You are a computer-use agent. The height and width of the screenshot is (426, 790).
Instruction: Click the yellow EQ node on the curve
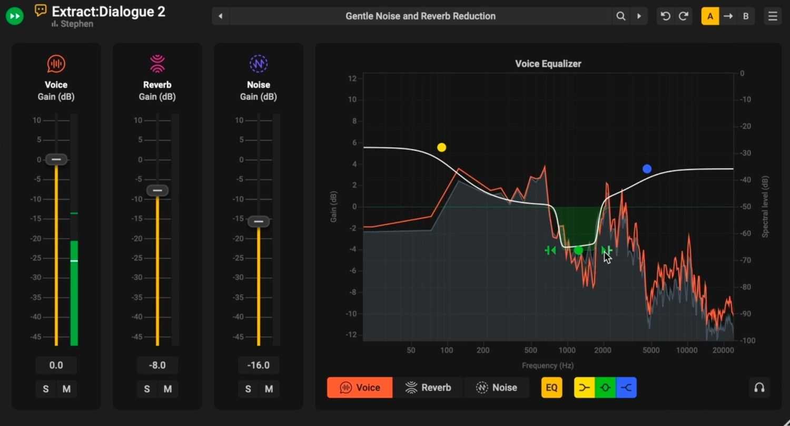point(441,147)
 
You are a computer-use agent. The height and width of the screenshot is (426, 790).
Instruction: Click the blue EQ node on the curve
point(647,169)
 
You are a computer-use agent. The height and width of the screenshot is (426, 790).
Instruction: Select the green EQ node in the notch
point(578,250)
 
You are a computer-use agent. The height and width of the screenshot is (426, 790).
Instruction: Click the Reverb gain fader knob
point(157,190)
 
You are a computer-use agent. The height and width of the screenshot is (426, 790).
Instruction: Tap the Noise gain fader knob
point(259,221)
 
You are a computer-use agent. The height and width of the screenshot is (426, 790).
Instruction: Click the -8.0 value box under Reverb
point(157,365)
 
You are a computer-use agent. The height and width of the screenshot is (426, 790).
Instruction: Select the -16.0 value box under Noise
point(259,365)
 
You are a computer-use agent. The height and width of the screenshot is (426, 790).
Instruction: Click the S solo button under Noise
point(248,389)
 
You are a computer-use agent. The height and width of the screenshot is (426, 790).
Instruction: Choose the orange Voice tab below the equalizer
point(360,388)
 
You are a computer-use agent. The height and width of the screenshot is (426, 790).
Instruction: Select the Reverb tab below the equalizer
point(428,388)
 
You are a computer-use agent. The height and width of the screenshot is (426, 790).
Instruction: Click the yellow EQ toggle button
point(551,388)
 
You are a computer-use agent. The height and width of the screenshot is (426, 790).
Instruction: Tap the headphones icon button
point(759,388)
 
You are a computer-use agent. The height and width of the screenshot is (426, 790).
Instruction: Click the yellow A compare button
point(710,16)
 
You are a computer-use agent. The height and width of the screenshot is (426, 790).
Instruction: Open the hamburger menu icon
point(773,16)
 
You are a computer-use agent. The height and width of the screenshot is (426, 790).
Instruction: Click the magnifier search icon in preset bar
point(621,16)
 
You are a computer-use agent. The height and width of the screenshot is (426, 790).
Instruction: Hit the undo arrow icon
point(665,16)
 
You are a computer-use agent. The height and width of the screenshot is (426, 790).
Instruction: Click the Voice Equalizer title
point(548,64)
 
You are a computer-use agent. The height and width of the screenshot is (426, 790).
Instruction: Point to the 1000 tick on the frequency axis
point(567,350)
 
